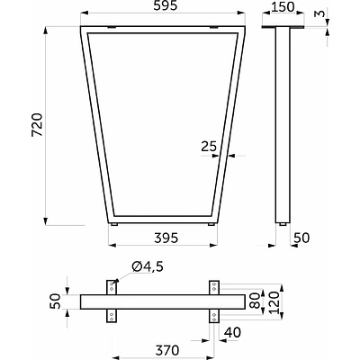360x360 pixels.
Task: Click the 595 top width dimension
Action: (166, 6)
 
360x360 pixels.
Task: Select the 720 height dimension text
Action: (37, 125)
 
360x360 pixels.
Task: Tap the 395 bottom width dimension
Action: (166, 238)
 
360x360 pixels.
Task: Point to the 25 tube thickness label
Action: (209, 146)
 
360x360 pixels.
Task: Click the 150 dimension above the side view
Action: (283, 7)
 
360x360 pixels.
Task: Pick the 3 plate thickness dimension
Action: (320, 13)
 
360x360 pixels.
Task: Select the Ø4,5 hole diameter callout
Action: (148, 266)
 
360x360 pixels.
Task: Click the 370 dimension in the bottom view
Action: (167, 350)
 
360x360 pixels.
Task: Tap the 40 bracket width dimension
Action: (232, 333)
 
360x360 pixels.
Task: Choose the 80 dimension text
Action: (256, 301)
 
